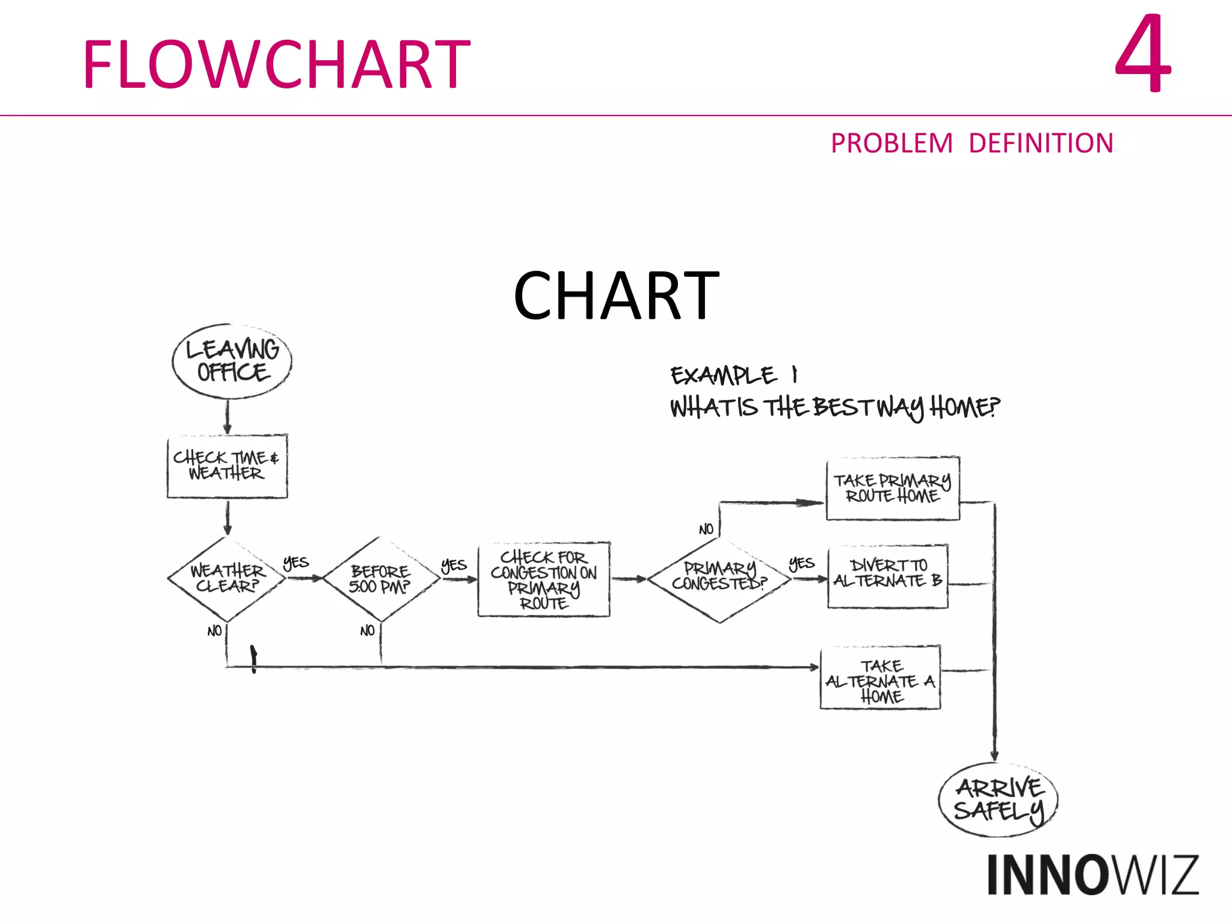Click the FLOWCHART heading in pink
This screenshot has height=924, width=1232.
click(276, 64)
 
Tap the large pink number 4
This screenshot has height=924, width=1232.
click(1142, 55)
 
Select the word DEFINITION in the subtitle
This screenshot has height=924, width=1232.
click(1041, 144)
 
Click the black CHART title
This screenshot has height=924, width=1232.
click(616, 296)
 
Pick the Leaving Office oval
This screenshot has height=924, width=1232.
click(232, 361)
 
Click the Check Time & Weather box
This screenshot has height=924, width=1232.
click(227, 466)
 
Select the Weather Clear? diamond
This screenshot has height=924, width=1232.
click(227, 579)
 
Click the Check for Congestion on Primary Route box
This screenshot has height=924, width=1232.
click(543, 579)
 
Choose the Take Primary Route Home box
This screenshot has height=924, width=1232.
click(892, 488)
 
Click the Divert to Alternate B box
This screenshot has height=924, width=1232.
click(887, 576)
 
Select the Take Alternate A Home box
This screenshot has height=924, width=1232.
click(880, 679)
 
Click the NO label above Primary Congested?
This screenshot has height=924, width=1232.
click(706, 529)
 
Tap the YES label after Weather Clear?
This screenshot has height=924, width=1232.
click(295, 563)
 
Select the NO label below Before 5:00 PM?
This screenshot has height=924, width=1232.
click(367, 630)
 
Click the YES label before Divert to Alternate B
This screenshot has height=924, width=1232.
click(801, 564)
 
